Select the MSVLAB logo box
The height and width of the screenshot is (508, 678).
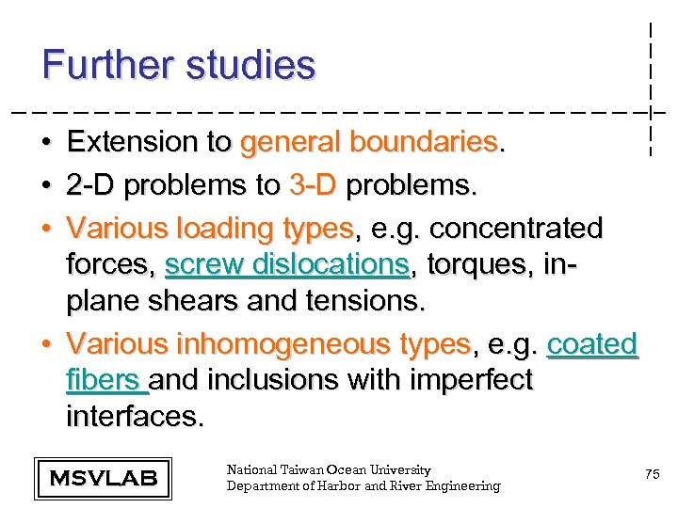(103, 478)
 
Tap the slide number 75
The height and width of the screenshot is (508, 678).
(652, 476)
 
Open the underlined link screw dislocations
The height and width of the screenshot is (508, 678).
(287, 266)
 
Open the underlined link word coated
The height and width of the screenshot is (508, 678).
(592, 344)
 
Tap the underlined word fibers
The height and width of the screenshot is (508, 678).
(103, 380)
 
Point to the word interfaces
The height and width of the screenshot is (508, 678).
(134, 416)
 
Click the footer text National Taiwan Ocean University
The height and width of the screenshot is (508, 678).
(329, 469)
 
